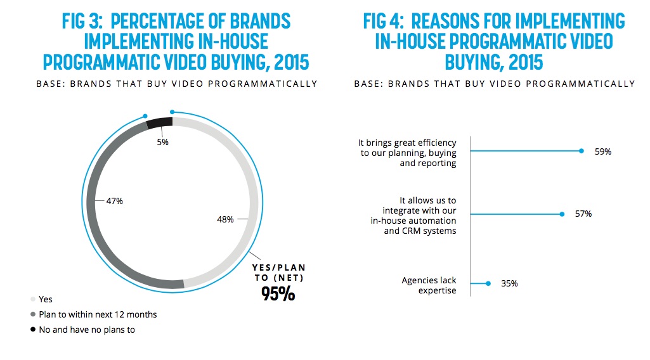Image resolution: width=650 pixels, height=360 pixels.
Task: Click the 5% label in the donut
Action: point(163,143)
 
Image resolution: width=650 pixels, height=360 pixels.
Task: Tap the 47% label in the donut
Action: point(115,201)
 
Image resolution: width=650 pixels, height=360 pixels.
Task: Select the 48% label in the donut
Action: point(226,219)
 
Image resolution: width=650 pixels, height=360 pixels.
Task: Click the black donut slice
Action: point(159,122)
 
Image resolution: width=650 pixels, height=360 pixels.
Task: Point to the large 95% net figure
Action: point(278,293)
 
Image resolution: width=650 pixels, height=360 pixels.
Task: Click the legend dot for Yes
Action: point(32,299)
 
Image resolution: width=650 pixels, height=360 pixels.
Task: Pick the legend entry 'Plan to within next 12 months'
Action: point(98,314)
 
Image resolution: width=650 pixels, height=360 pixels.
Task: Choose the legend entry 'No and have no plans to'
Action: point(87,330)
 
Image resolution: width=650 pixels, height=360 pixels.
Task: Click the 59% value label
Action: point(603,152)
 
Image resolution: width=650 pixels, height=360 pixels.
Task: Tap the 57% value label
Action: point(583,214)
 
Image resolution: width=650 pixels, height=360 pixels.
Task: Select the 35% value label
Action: point(509,283)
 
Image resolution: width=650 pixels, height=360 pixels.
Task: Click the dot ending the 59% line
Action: point(582,151)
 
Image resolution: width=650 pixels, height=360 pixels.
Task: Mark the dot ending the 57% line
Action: point(562,214)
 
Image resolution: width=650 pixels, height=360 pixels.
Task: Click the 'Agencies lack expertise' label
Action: point(429,285)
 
